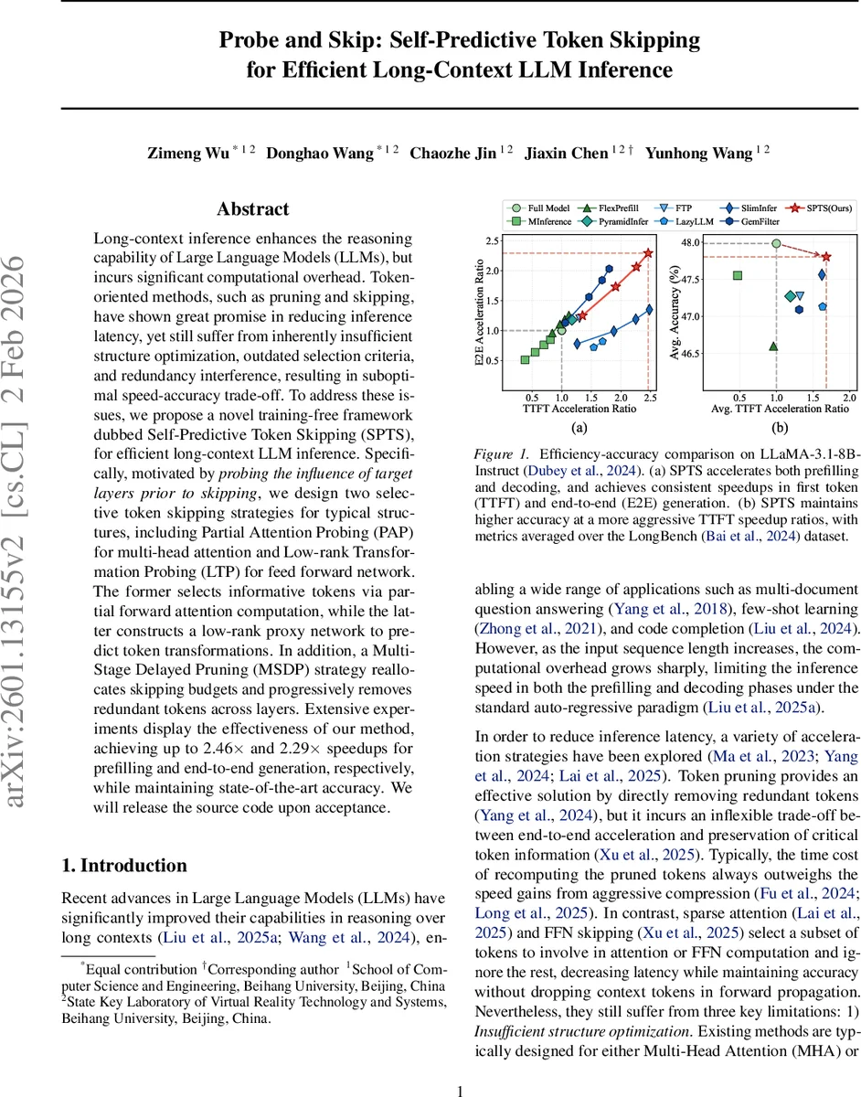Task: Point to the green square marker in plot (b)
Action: pos(737,275)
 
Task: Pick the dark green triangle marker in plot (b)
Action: pos(774,346)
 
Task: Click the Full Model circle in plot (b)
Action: pos(776,243)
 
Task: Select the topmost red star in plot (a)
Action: pos(648,253)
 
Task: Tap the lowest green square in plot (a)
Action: pos(525,359)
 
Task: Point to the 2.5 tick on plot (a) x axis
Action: pos(650,399)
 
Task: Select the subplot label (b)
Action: pos(780,427)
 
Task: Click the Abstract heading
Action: pos(254,209)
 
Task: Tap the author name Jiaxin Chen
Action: pos(565,153)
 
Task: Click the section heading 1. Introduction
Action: pos(123,865)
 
